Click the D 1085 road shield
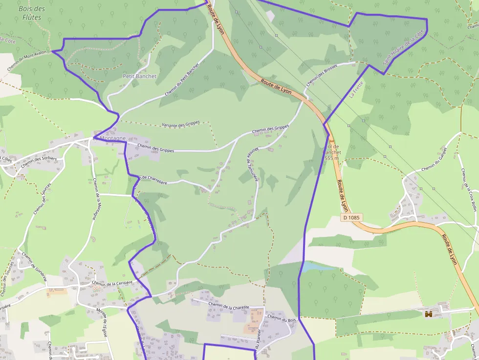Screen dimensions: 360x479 [351, 217]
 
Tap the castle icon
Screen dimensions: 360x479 [429, 314]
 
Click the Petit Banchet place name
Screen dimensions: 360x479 [139, 76]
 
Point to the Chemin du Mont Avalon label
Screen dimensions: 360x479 [29, 61]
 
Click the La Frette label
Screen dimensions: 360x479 [357, 89]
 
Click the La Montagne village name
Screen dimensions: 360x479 [109, 138]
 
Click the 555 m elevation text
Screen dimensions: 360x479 [332, 158]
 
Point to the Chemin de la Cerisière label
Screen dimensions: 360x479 [112, 284]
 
